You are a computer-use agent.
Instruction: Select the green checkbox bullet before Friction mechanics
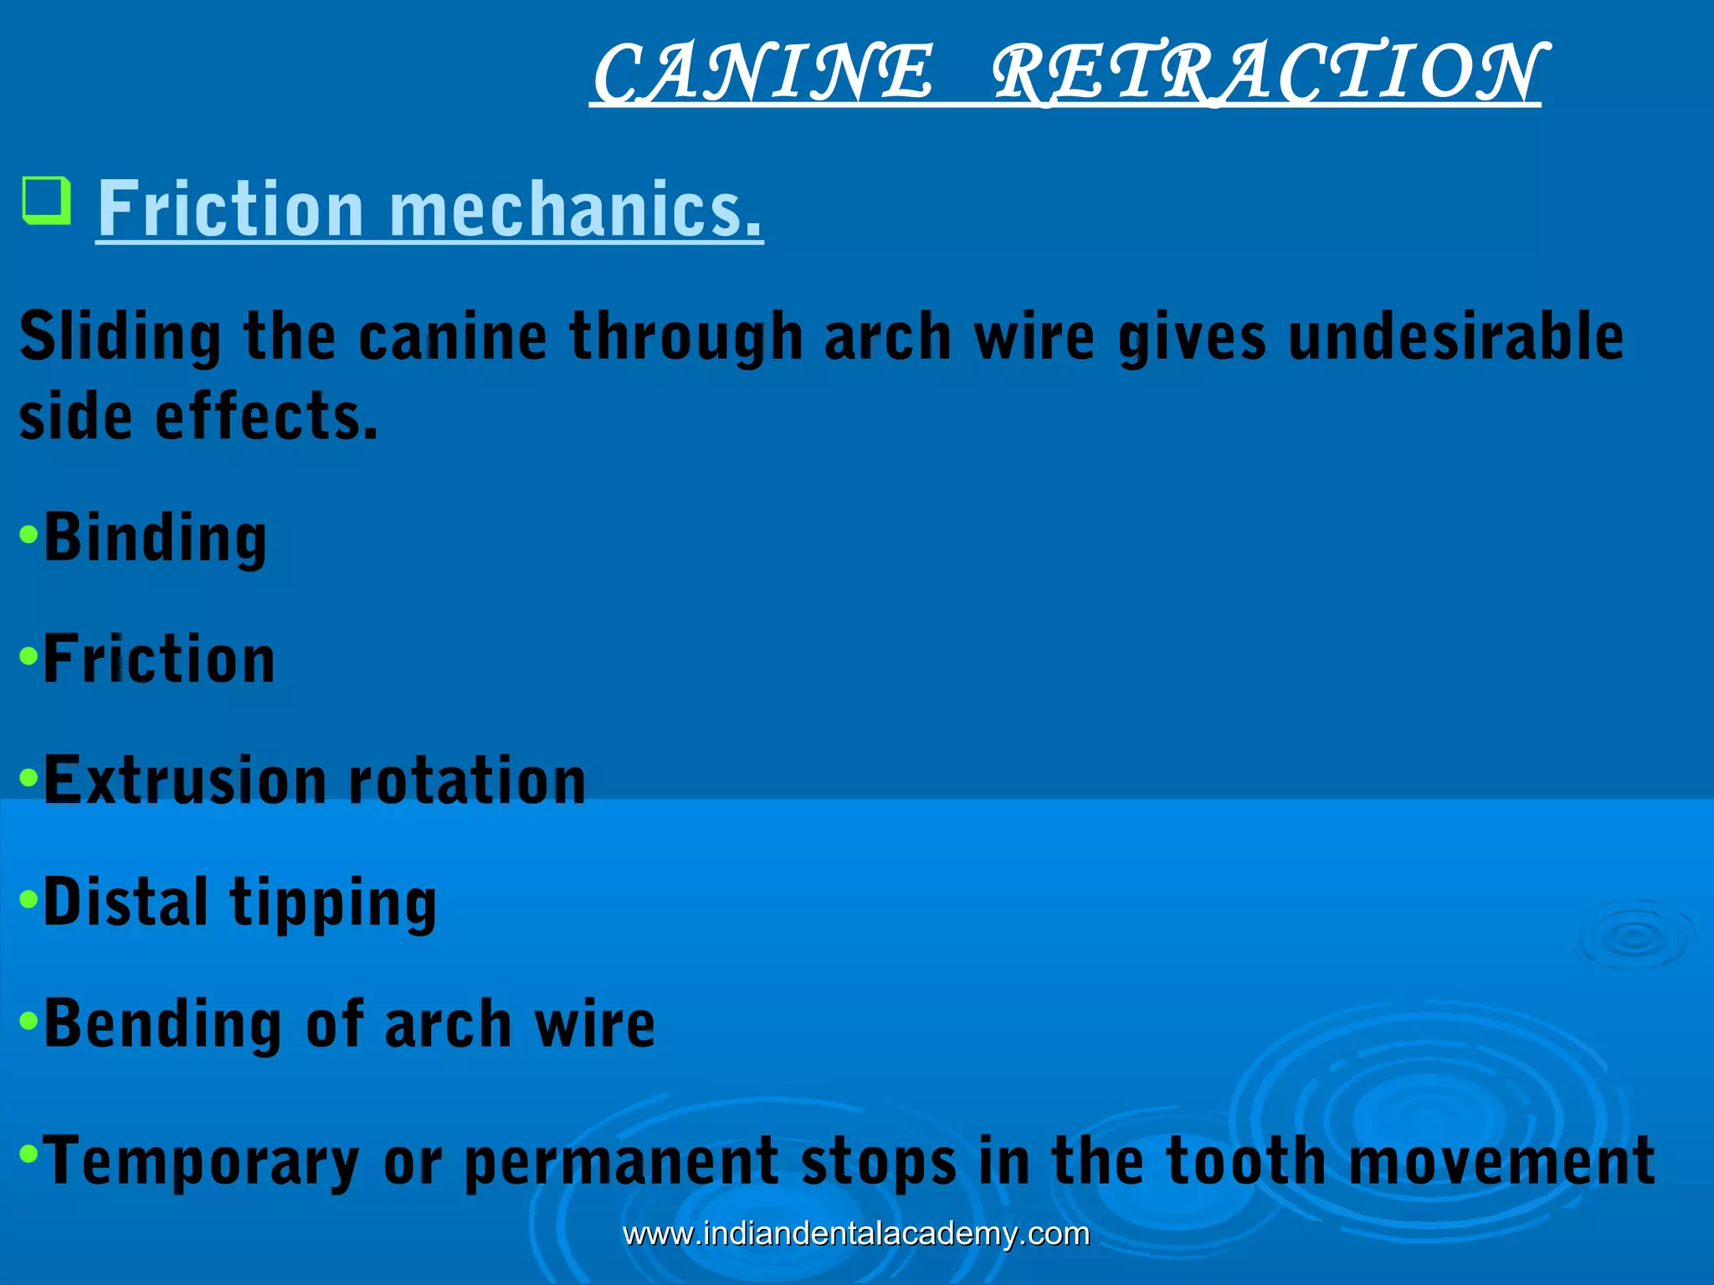pos(46,201)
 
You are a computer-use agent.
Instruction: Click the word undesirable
pos(1456,336)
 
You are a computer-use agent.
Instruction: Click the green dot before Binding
pos(29,534)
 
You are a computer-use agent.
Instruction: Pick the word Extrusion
pos(184,780)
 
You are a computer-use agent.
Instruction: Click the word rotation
pos(467,780)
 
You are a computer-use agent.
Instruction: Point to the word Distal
pos(126,902)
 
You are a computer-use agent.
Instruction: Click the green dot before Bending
pos(29,1020)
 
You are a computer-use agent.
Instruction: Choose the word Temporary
pos(201,1161)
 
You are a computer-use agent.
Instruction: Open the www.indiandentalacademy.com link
pos(856,1234)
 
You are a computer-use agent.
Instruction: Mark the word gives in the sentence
pos(1192,336)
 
